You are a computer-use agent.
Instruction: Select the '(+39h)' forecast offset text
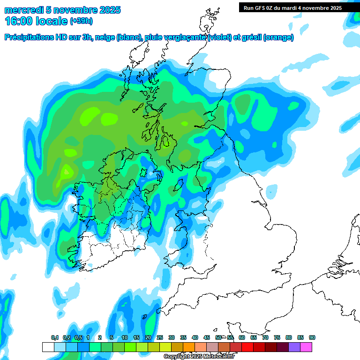(x=82, y=21)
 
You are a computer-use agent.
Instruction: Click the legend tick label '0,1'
(x=54, y=337)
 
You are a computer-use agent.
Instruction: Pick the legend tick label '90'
(x=312, y=337)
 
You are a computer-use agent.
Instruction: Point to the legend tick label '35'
(x=183, y=337)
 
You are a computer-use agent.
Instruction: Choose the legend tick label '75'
(x=277, y=337)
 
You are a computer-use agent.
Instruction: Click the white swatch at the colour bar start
(x=48, y=347)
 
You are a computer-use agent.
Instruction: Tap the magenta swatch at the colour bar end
(x=306, y=347)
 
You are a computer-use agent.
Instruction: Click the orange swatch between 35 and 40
(x=189, y=347)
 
